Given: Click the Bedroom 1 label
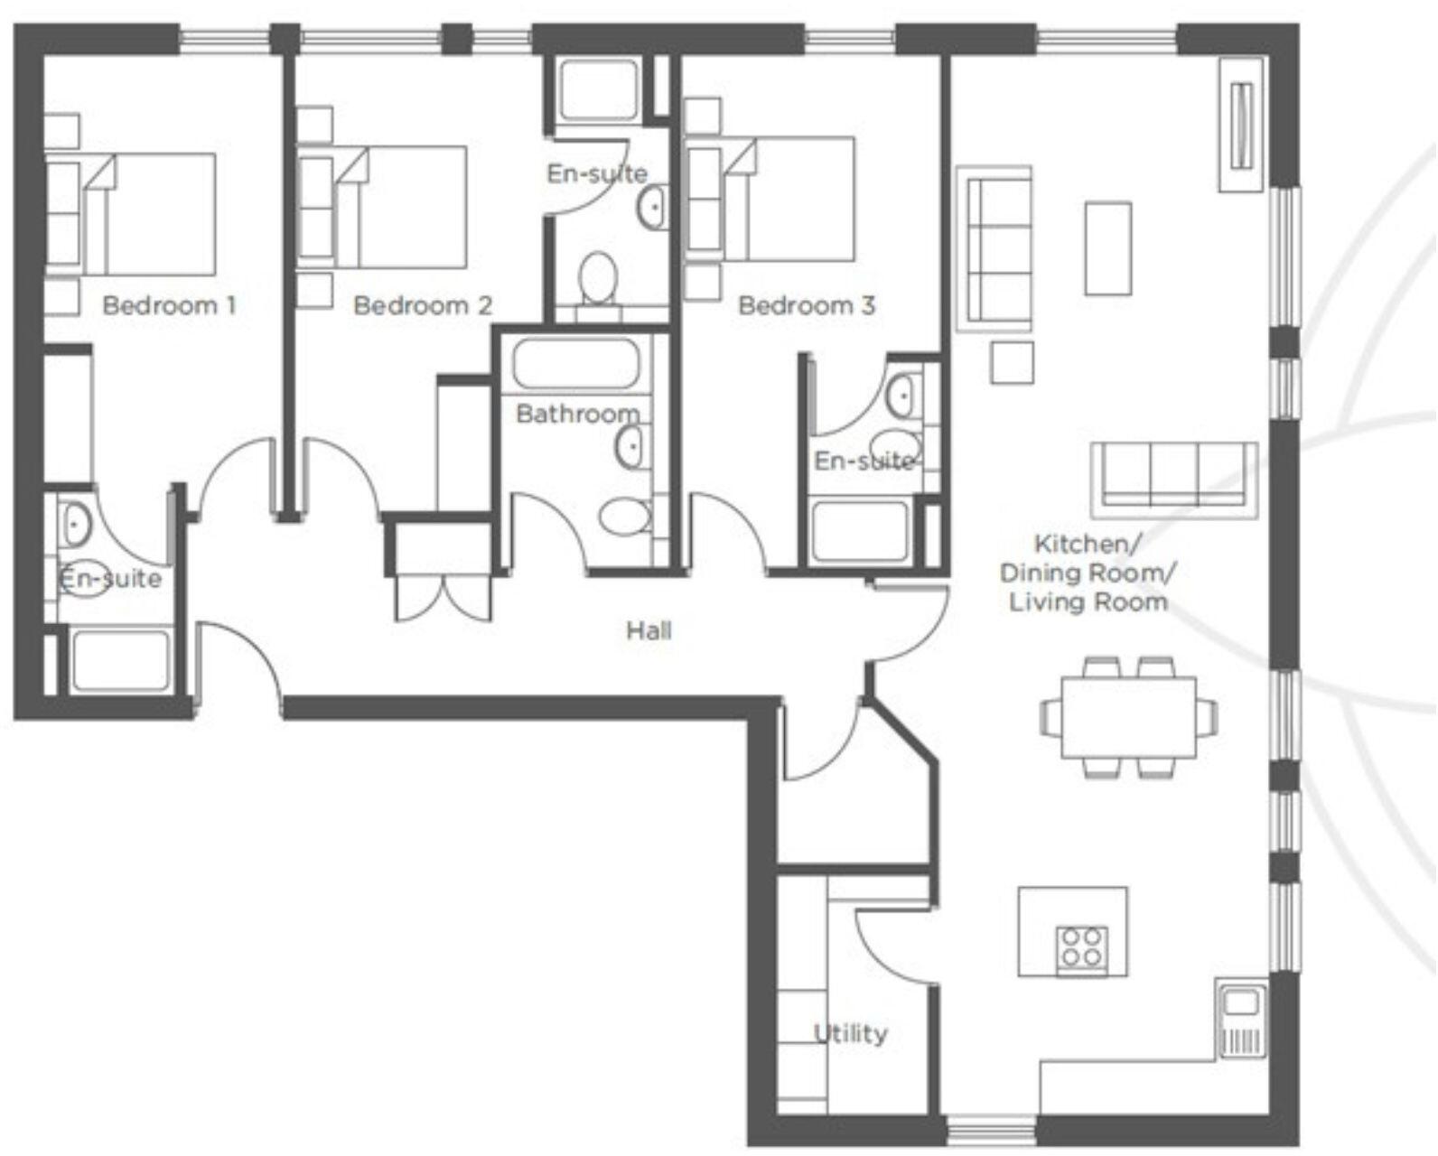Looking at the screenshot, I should pyautogui.click(x=169, y=305).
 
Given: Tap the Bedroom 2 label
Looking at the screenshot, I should pyautogui.click(x=422, y=305).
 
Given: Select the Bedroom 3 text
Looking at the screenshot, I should pyautogui.click(x=806, y=305).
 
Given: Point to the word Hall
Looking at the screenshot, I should pyautogui.click(x=649, y=630).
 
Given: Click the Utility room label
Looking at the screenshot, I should pyautogui.click(x=850, y=1033).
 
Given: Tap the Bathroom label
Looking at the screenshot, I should pyautogui.click(x=577, y=415).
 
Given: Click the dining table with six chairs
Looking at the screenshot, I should pyautogui.click(x=1128, y=717).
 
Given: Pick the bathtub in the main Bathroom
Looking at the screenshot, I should pyautogui.click(x=575, y=363).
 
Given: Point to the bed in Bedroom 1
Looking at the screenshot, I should pyautogui.click(x=149, y=213).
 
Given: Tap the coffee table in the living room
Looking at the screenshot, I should pyautogui.click(x=1107, y=247).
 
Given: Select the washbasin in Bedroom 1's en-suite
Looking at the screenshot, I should pyautogui.click(x=75, y=523).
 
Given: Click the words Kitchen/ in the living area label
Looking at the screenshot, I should pyautogui.click(x=1087, y=545).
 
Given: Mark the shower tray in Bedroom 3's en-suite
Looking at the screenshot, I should pyautogui.click(x=859, y=531).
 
